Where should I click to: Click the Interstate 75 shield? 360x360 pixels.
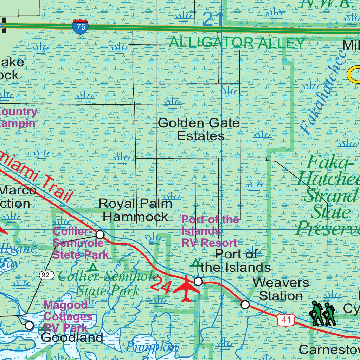tap(81, 27)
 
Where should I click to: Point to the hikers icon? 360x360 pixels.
tap(322, 313)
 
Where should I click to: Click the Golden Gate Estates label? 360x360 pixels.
tap(199, 129)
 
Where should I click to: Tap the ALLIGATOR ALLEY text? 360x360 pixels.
tap(237, 43)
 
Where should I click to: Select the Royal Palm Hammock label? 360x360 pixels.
tap(135, 210)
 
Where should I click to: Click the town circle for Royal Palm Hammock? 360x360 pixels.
tap(100, 234)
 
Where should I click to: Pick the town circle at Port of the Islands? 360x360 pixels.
tap(198, 281)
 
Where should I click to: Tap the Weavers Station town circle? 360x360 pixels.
tap(245, 304)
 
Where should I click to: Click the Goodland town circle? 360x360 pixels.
tap(30, 326)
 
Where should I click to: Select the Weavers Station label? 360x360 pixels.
tap(281, 289)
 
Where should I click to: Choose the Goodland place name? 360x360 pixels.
tap(72, 338)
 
